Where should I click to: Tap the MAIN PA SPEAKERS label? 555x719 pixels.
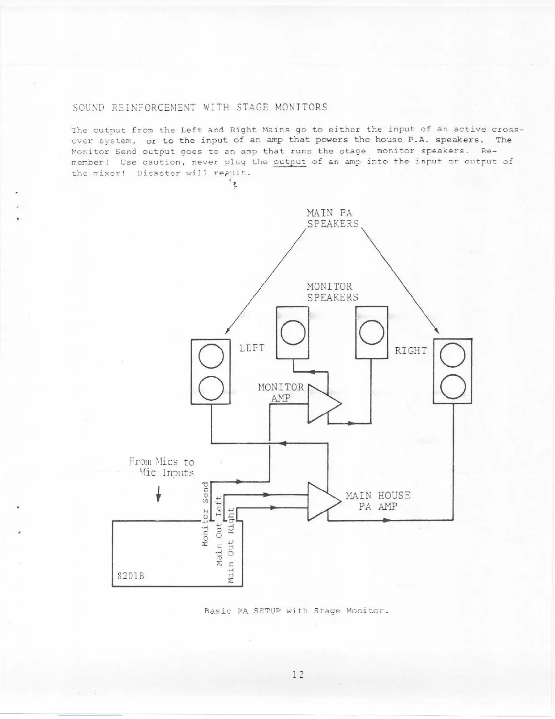332,218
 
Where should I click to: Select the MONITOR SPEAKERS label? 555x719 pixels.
332,292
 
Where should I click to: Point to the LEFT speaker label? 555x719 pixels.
252,348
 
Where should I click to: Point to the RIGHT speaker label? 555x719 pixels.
410,350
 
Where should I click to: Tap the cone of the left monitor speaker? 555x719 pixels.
292,332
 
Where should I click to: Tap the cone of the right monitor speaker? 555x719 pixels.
371,332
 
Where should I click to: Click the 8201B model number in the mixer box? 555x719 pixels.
130,576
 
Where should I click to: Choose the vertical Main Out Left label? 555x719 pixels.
219,531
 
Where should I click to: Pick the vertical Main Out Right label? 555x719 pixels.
231,545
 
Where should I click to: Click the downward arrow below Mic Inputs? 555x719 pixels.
158,495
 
